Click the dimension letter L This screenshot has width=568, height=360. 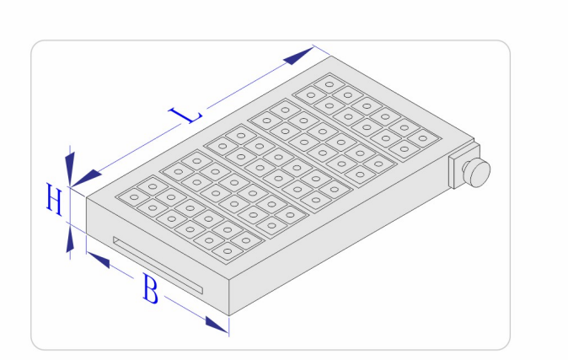tap(185, 115)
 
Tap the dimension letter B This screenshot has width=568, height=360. tap(150, 289)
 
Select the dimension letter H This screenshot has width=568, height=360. tap(54, 199)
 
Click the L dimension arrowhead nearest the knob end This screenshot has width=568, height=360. tap(299, 56)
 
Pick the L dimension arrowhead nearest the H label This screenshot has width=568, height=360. tap(86, 179)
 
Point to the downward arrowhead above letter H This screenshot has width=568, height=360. tap(70, 169)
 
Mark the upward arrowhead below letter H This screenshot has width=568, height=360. tap(70, 239)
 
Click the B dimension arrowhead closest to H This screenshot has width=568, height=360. tap(98, 260)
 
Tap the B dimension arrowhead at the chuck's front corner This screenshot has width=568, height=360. tap(217, 325)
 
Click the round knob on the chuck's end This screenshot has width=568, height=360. tap(478, 171)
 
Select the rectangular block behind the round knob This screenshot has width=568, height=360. tap(457, 170)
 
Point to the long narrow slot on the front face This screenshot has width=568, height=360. tap(158, 266)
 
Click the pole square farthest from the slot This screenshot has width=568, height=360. tap(330, 85)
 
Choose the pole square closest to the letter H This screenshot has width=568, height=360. tap(134, 197)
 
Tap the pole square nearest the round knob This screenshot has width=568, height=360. tap(422, 138)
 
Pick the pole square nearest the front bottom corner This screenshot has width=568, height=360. tap(228, 251)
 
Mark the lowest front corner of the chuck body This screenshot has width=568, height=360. tap(229, 315)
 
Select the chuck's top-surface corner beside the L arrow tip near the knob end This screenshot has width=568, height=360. tap(330, 56)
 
